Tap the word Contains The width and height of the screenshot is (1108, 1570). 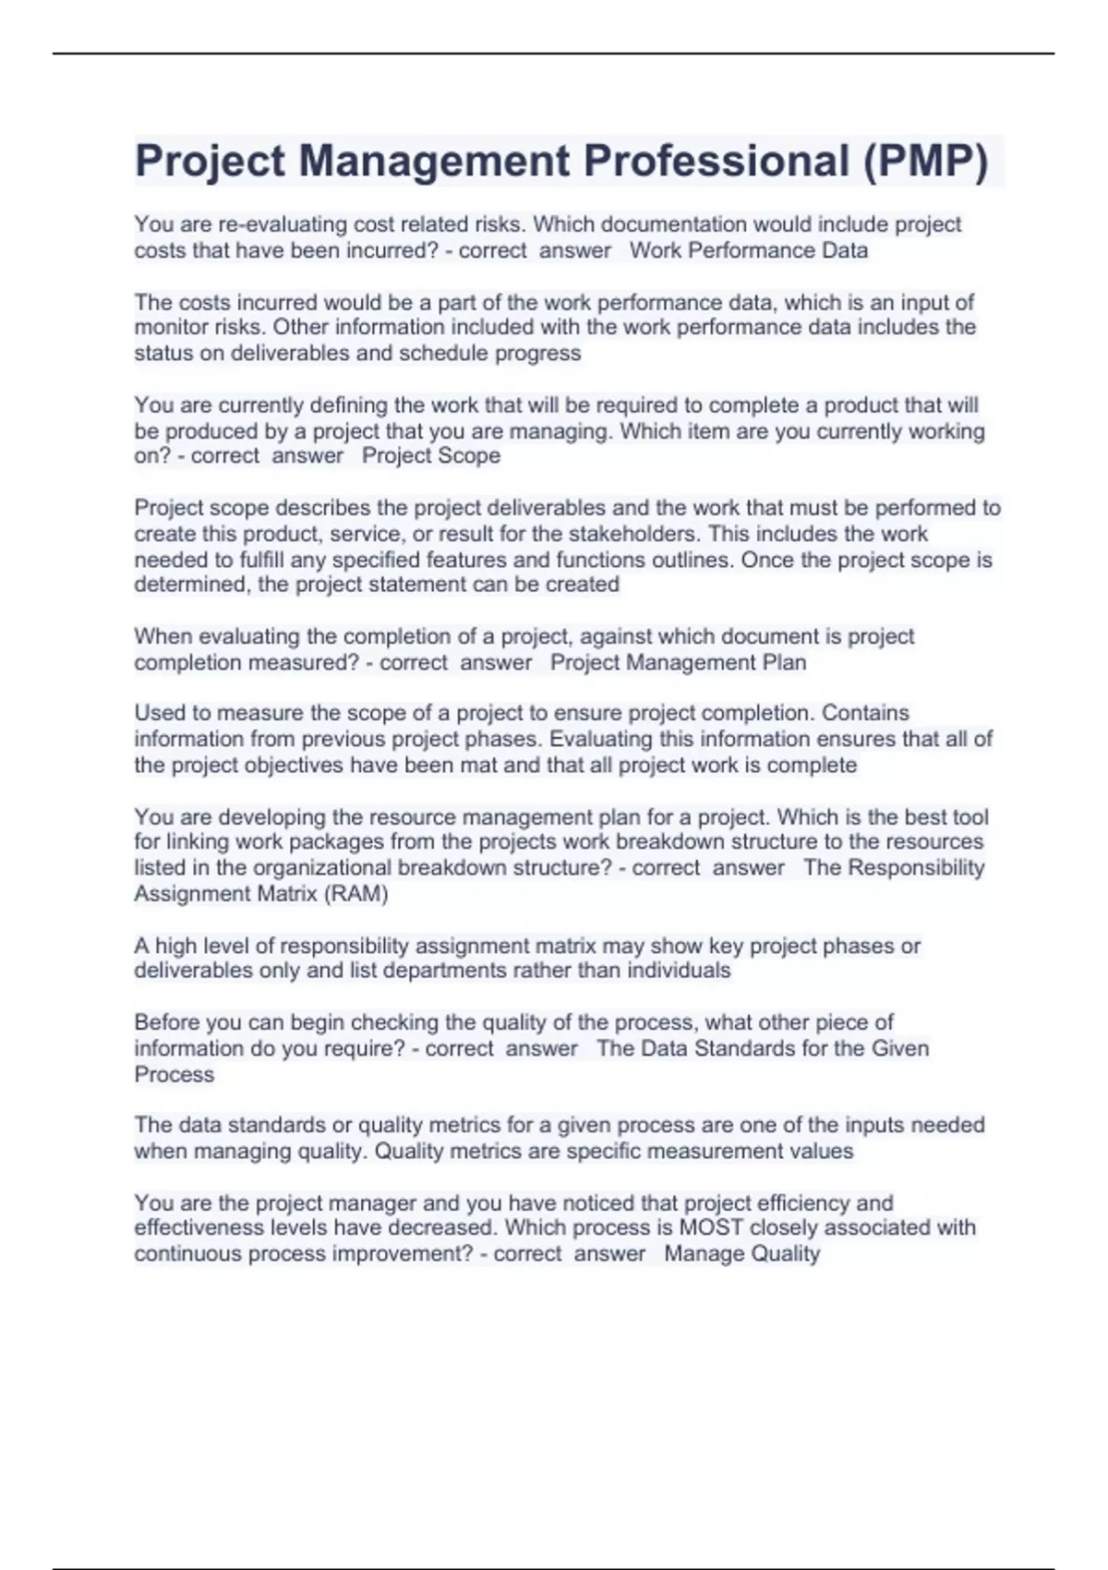pos(865,713)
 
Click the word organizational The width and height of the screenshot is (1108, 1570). pos(322,867)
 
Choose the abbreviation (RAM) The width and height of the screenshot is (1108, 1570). pos(355,893)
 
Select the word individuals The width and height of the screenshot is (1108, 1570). pos(679,971)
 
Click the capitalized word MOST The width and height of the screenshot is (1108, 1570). pos(711,1227)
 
